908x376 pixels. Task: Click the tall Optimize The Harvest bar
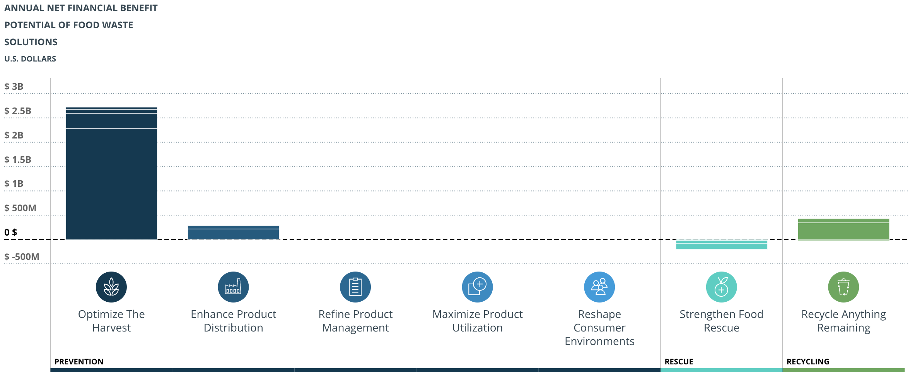click(x=111, y=174)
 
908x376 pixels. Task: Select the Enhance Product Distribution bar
click(x=233, y=233)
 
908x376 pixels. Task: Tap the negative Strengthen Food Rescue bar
click(x=721, y=244)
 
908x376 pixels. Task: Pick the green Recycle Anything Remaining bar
click(x=843, y=230)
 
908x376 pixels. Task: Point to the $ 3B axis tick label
click(x=14, y=87)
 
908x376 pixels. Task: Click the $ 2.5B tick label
click(x=18, y=111)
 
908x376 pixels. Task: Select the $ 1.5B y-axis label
click(x=18, y=159)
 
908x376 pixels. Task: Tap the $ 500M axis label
click(x=20, y=208)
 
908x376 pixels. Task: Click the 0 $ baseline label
click(x=11, y=232)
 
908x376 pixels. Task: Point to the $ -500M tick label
click(x=22, y=257)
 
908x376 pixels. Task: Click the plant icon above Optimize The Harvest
click(x=111, y=287)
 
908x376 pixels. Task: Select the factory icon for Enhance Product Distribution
click(x=233, y=287)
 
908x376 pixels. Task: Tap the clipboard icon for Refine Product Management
click(x=355, y=287)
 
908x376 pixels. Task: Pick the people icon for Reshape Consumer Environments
click(x=599, y=287)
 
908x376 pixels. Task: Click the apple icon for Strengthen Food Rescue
click(x=721, y=287)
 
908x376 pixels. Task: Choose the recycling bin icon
click(x=843, y=287)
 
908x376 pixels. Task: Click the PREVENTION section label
click(x=79, y=362)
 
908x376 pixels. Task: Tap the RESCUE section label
click(x=679, y=362)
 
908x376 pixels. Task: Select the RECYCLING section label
click(x=808, y=362)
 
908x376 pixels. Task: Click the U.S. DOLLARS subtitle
click(x=30, y=59)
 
